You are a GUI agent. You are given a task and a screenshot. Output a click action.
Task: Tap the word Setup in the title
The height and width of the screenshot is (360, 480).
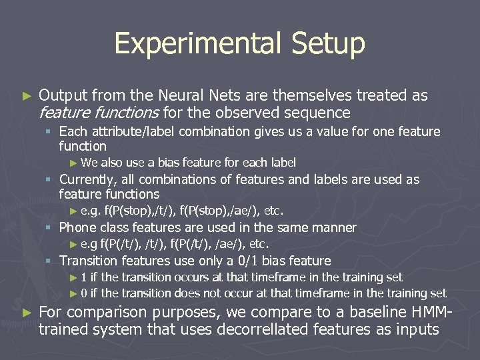point(328,44)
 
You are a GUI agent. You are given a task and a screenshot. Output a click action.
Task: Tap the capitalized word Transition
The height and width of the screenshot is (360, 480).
point(87,261)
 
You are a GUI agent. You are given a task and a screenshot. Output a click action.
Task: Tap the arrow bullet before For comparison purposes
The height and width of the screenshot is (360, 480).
point(27,313)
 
